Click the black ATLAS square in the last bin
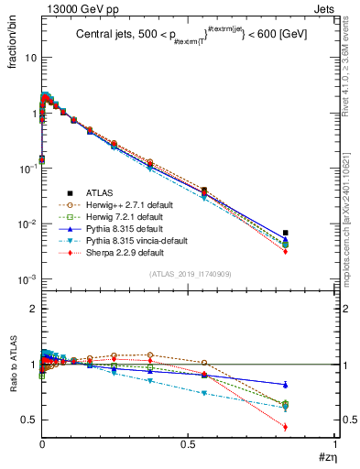click(x=286, y=233)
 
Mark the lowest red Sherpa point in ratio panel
click(x=286, y=427)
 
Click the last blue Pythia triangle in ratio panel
click(x=286, y=384)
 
